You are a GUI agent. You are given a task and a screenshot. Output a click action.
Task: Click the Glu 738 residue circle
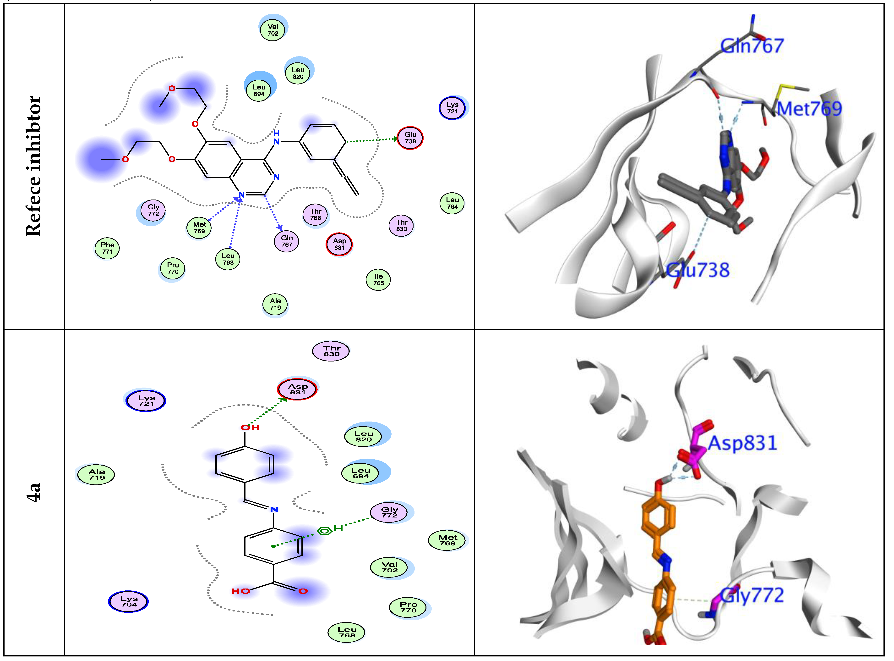(x=410, y=138)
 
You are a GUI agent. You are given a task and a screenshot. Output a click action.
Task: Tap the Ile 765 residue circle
(x=378, y=280)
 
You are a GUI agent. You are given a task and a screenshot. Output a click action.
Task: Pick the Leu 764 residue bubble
(x=452, y=203)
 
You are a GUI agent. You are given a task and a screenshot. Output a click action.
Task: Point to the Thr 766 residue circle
(x=316, y=214)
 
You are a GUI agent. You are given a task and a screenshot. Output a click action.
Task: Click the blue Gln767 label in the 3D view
(x=752, y=46)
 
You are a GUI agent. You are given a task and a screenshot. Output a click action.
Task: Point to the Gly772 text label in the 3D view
(x=752, y=596)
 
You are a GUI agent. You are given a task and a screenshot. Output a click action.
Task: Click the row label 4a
(x=34, y=492)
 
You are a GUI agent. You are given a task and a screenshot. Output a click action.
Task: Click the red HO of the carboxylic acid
(x=241, y=591)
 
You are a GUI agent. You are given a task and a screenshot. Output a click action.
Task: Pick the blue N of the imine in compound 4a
(x=274, y=509)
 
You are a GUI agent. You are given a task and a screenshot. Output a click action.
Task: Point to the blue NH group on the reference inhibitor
(x=276, y=138)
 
